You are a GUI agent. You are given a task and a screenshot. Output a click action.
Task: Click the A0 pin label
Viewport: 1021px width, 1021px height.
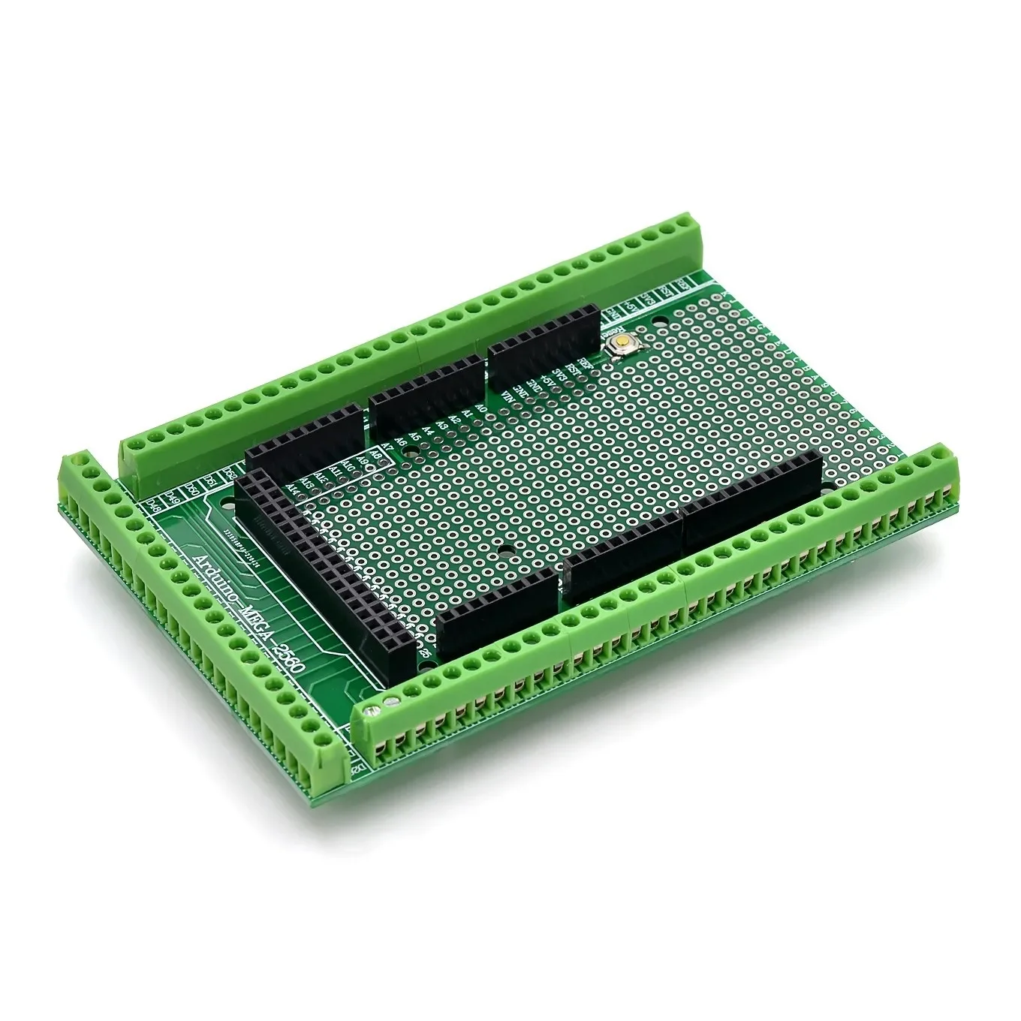coord(481,411)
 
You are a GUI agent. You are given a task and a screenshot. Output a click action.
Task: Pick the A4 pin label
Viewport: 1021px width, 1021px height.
coord(428,432)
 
